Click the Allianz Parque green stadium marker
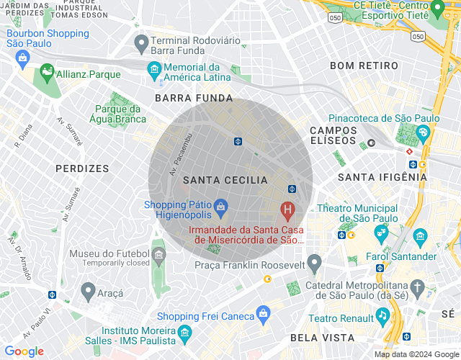click(48, 71)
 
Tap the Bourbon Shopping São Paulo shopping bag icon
click(24, 56)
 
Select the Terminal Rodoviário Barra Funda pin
click(142, 44)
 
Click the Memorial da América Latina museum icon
click(154, 70)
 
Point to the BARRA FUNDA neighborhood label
click(194, 98)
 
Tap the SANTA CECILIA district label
click(225, 180)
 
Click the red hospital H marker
click(288, 211)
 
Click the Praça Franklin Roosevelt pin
click(314, 263)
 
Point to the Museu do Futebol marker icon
click(158, 255)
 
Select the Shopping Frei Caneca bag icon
click(264, 313)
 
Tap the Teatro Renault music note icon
click(382, 316)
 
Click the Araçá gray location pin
click(88, 291)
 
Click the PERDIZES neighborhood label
click(82, 168)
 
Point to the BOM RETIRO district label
click(364, 66)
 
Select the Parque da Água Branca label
click(120, 114)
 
